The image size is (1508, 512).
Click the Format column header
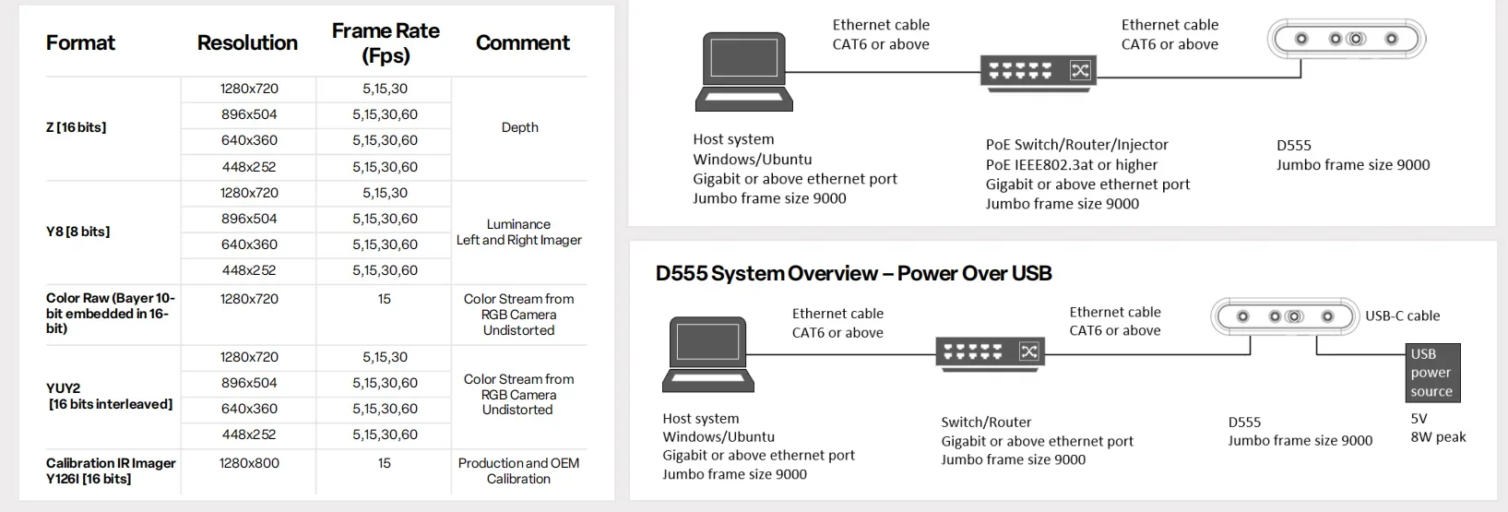pos(80,42)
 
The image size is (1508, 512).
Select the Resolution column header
pos(247,42)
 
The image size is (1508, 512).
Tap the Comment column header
pos(522,42)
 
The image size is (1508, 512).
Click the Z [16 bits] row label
pos(76,127)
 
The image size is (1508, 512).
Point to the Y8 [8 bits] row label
pos(77,232)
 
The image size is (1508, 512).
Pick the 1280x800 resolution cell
pos(249,463)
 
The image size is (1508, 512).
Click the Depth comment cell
pos(519,127)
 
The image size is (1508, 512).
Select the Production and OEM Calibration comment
pos(518,470)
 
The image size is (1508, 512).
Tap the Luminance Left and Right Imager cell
pos(518,232)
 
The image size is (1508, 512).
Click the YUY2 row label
pos(109,396)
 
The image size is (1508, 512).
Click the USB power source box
pos(1431,373)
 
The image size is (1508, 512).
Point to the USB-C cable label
pos(1402,316)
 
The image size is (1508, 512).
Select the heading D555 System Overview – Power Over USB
pos(853,273)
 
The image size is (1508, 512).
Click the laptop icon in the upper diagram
pos(743,71)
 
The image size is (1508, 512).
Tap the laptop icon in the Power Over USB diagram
pos(708,352)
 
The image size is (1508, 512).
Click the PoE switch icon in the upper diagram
pos(1038,71)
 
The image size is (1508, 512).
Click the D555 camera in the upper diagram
pos(1347,40)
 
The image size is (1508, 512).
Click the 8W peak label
pos(1438,437)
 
